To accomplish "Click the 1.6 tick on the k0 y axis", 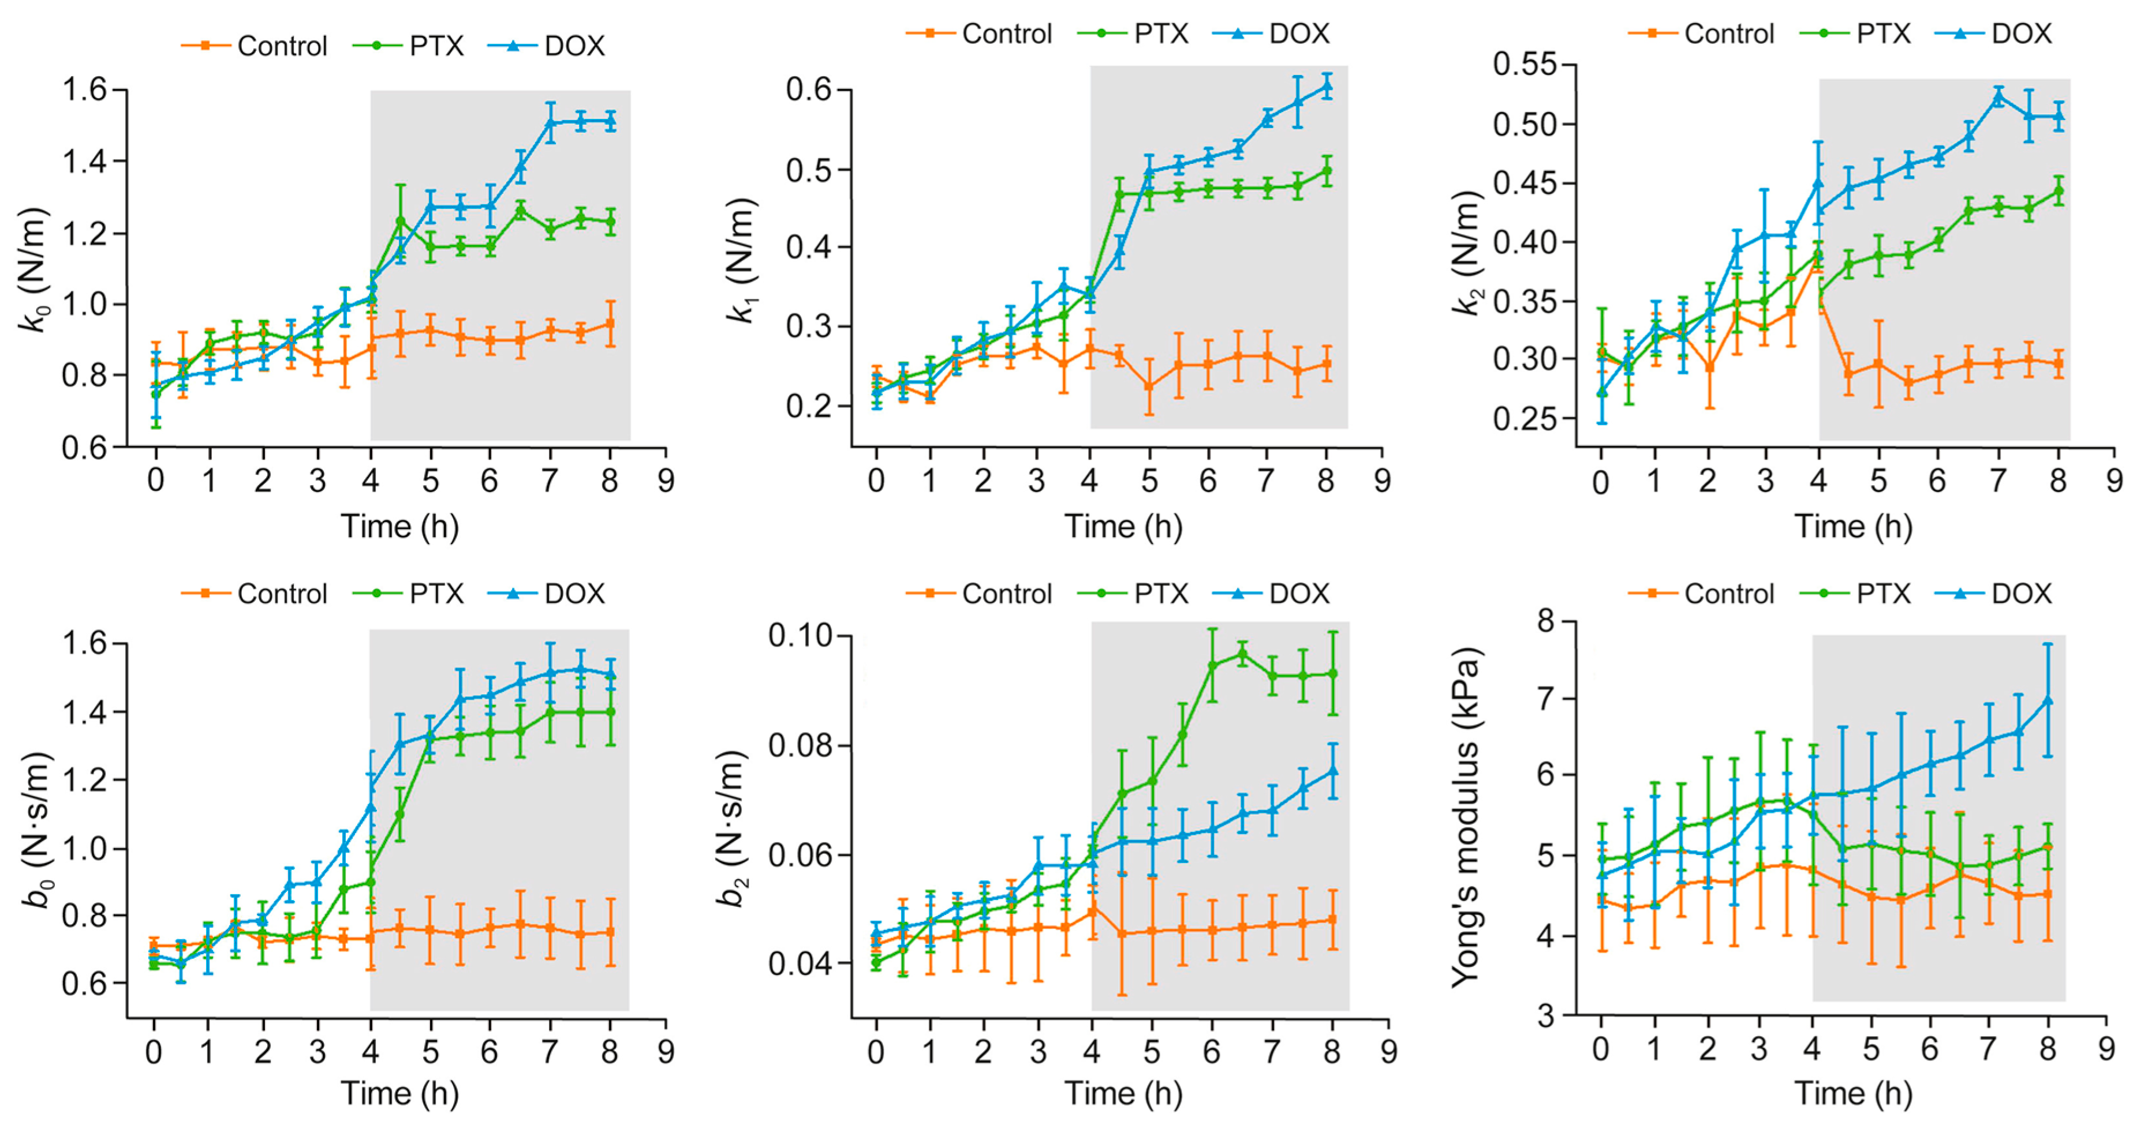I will coord(85,89).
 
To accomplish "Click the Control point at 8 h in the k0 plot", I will coord(610,324).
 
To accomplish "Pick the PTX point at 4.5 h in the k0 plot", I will coord(401,222).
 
